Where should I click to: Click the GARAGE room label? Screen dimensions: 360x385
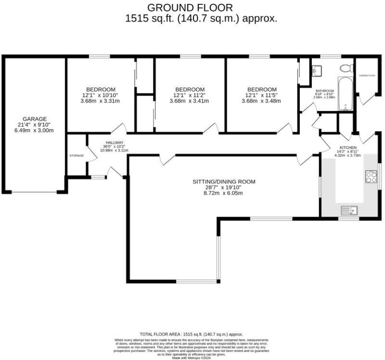[x=34, y=118]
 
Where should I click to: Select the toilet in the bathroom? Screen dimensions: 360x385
[x=346, y=68]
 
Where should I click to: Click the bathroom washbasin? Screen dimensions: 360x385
[x=317, y=71]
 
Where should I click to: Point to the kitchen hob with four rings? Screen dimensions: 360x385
[x=372, y=176]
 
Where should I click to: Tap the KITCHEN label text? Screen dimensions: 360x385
[x=348, y=148]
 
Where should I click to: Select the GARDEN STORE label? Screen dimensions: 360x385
[x=367, y=75]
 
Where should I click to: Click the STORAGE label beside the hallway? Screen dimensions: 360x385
[x=77, y=156]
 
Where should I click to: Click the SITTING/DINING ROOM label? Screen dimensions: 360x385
[x=224, y=182]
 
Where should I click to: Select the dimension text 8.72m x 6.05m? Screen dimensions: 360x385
[x=224, y=193]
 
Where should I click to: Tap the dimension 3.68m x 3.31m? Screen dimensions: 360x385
[x=101, y=101]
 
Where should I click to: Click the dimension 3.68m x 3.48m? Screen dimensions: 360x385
[x=262, y=101]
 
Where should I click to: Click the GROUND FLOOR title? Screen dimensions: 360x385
[x=190, y=7]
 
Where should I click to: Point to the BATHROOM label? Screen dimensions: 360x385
[x=324, y=90]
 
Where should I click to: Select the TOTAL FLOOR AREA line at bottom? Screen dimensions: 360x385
[x=191, y=334]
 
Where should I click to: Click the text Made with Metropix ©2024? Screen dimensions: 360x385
[x=191, y=358]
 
